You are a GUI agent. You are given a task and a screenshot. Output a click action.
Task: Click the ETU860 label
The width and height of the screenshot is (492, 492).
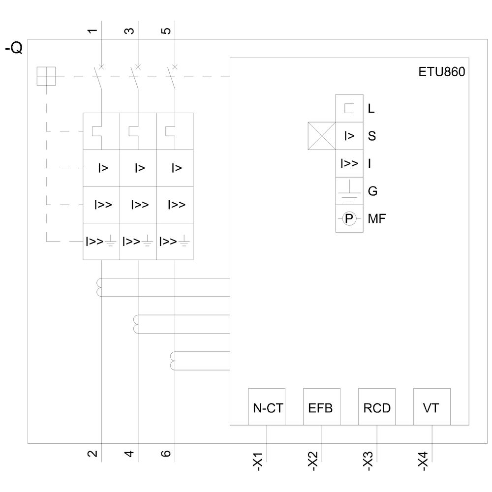(441, 72)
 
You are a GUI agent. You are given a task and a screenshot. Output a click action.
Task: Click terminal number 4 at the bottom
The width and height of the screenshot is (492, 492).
(129, 453)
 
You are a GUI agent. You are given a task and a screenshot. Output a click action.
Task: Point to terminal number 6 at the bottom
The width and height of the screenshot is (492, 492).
(166, 453)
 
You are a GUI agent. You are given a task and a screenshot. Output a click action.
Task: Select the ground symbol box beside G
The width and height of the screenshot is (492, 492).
(349, 191)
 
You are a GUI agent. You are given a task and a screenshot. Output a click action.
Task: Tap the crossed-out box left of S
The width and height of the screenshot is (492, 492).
(321, 136)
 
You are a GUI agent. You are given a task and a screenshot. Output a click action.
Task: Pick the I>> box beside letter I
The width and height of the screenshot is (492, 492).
(349, 163)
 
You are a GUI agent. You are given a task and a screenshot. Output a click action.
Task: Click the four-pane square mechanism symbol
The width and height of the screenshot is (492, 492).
(47, 76)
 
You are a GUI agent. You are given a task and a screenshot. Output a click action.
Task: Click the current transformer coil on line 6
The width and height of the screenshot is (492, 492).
(173, 361)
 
